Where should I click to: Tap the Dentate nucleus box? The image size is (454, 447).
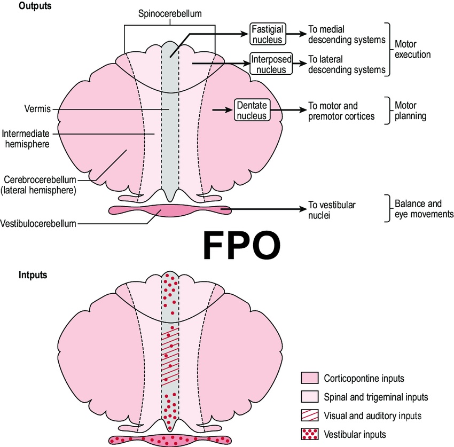[x=252, y=110]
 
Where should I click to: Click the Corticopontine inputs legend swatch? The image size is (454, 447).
[x=310, y=379]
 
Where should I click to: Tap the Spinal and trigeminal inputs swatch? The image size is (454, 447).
[x=310, y=397]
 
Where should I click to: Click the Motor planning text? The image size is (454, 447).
[x=410, y=111]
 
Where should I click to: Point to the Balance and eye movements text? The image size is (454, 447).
[x=424, y=209]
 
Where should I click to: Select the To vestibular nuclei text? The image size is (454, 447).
[x=332, y=209]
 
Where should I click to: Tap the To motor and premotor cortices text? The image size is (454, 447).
[x=340, y=111]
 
